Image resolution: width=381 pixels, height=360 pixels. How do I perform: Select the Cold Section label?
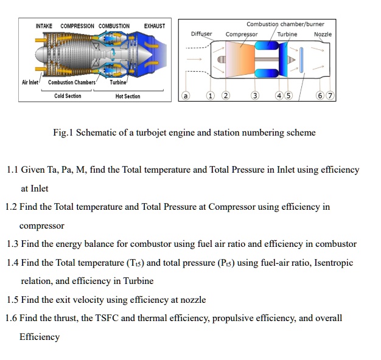[x=67, y=96]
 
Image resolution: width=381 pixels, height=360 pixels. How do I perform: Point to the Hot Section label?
[x=128, y=96]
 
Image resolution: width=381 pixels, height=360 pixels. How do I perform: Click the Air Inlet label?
[x=30, y=82]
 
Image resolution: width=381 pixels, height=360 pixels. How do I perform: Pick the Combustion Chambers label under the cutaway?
[x=72, y=82]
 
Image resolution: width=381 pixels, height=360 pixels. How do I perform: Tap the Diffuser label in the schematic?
[x=201, y=34]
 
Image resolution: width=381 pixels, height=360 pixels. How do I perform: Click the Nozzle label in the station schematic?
[x=323, y=34]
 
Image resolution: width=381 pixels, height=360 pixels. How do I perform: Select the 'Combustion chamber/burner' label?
[x=285, y=24]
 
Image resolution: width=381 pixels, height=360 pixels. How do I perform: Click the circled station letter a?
[x=186, y=96]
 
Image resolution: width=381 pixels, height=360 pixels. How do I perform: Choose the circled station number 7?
[x=330, y=96]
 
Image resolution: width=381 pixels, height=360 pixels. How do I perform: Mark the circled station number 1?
[x=211, y=96]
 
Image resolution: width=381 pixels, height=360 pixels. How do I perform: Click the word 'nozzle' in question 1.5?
[x=192, y=299]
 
